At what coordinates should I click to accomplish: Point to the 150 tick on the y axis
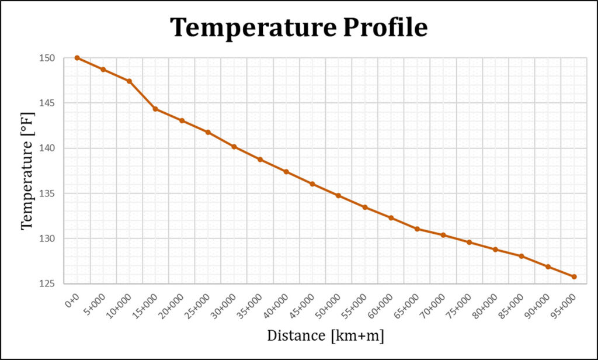pos(47,58)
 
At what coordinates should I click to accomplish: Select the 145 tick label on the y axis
pos(47,103)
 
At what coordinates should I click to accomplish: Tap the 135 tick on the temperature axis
pos(47,193)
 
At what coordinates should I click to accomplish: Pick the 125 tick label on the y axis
pos(47,284)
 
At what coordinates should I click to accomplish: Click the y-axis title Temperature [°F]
pos(27,170)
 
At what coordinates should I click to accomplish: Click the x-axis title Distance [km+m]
pos(325,335)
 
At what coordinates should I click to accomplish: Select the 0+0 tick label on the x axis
pos(72,301)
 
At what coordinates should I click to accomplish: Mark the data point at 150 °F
pos(77,58)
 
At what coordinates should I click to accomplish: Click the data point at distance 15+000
pos(155,109)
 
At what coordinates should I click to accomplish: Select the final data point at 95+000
pos(574,276)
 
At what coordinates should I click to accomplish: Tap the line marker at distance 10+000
pos(129,81)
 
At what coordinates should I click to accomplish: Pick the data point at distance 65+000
pos(417,229)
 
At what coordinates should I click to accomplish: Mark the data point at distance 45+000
pos(312,184)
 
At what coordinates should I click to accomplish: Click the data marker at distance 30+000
pos(234,147)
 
